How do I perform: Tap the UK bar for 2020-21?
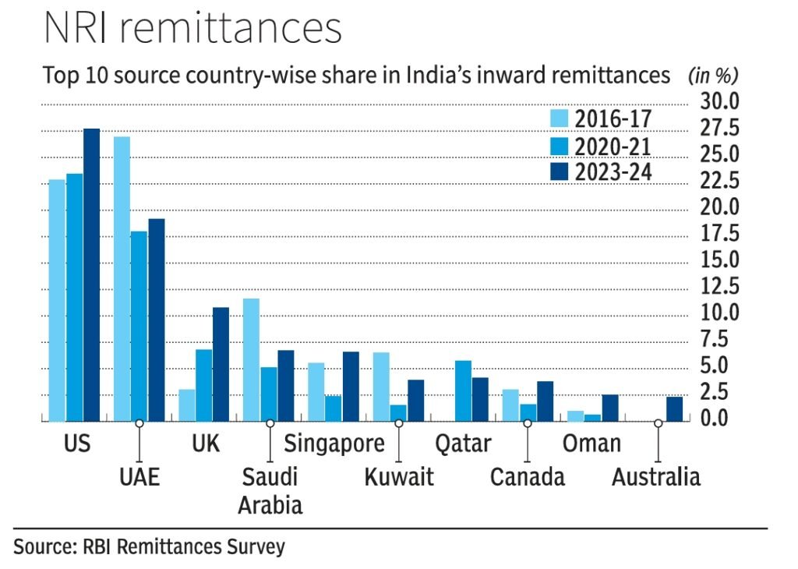[203, 385]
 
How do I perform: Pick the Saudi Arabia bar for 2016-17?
[251, 359]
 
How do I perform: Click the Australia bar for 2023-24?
[674, 409]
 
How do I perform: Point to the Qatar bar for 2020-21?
[463, 391]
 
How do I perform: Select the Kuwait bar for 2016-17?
[380, 387]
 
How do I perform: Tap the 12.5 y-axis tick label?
[719, 287]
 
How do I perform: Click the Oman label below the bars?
[591, 444]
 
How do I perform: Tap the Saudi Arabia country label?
[270, 490]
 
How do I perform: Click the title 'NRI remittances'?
[192, 28]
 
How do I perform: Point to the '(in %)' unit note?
[712, 76]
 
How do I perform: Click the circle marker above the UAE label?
[139, 422]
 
